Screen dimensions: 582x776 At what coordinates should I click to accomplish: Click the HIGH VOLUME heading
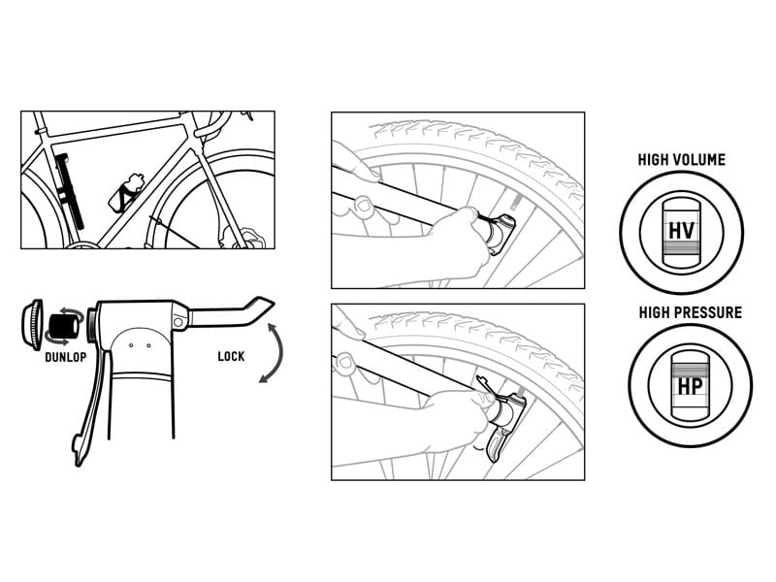(681, 160)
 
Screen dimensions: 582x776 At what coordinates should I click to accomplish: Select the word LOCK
(231, 356)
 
